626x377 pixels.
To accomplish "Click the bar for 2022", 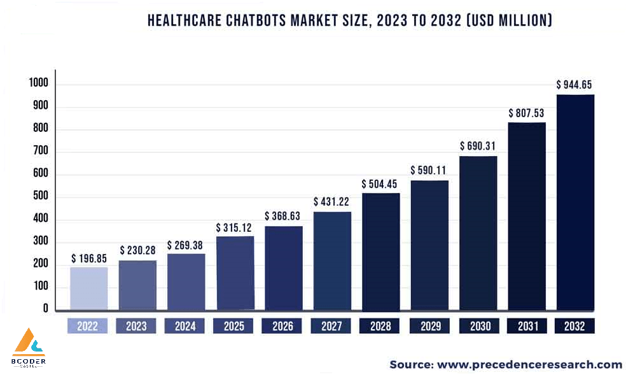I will click(88, 288).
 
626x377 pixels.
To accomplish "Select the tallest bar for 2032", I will click(575, 203).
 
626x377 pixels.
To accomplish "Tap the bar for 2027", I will click(332, 261).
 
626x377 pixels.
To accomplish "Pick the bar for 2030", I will click(478, 233).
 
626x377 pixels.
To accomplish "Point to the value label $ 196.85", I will click(88, 259).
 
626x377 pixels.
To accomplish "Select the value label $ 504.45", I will click(380, 184).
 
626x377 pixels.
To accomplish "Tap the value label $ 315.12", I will click(235, 227).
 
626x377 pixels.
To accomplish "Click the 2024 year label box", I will click(184, 326).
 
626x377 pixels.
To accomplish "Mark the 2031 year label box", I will click(527, 326).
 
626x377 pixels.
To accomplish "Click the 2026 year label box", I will click(282, 326).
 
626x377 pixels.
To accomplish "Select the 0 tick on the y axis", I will click(46, 309).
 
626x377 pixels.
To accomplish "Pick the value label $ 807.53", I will click(527, 113).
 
